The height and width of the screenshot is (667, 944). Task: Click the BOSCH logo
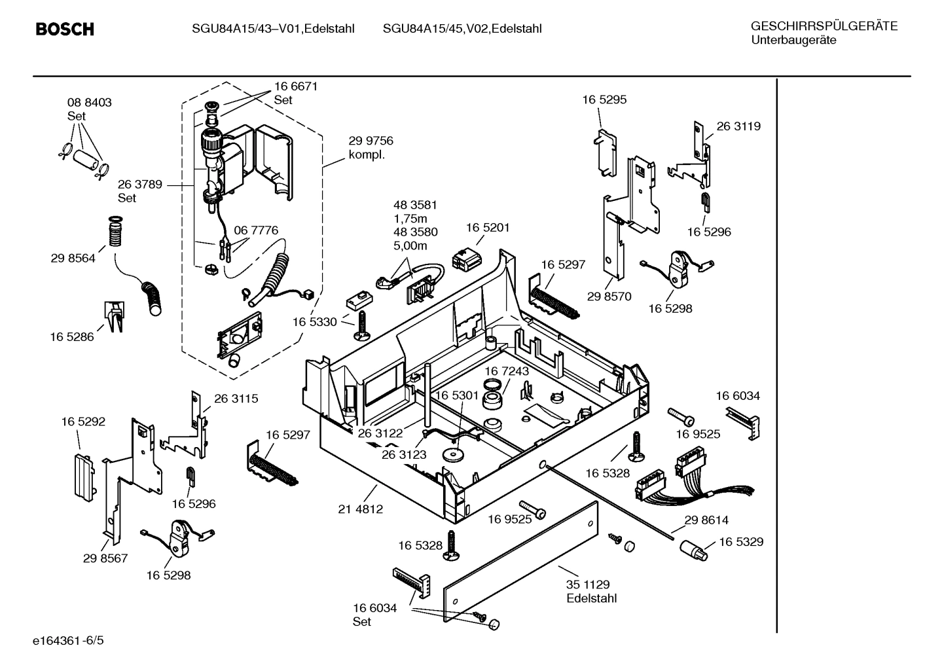click(65, 29)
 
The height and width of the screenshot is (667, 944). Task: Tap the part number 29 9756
click(371, 141)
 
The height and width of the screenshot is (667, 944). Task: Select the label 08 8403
click(89, 103)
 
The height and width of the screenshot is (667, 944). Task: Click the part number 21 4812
click(360, 509)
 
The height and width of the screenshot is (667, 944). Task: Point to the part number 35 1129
click(587, 585)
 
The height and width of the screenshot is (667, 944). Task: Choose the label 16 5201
click(488, 228)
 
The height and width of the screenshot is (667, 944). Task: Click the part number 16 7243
click(507, 371)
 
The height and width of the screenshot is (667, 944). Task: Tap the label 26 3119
click(738, 126)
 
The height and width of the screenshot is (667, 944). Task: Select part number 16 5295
click(604, 99)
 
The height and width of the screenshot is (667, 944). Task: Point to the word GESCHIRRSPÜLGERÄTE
click(824, 26)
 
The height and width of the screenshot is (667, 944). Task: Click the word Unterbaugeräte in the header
click(793, 40)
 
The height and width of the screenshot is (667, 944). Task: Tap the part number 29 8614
click(706, 520)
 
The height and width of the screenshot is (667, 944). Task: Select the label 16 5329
click(741, 542)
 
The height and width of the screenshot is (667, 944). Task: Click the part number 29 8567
click(105, 558)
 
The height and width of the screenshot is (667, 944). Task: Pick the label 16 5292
click(83, 422)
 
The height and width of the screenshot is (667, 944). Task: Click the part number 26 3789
click(140, 185)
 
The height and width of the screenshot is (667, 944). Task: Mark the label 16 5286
click(72, 337)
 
